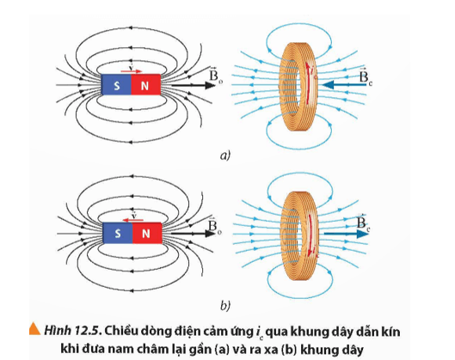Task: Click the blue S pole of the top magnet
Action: (x=115, y=86)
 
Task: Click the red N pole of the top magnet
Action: (x=144, y=86)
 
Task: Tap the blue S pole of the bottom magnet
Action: (x=115, y=233)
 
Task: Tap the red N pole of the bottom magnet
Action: (x=144, y=233)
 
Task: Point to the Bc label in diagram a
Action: (x=368, y=77)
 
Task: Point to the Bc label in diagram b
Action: (x=368, y=224)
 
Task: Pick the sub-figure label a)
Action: (x=227, y=156)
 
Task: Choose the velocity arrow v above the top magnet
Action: (x=130, y=68)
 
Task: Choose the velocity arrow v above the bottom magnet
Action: (x=130, y=216)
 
